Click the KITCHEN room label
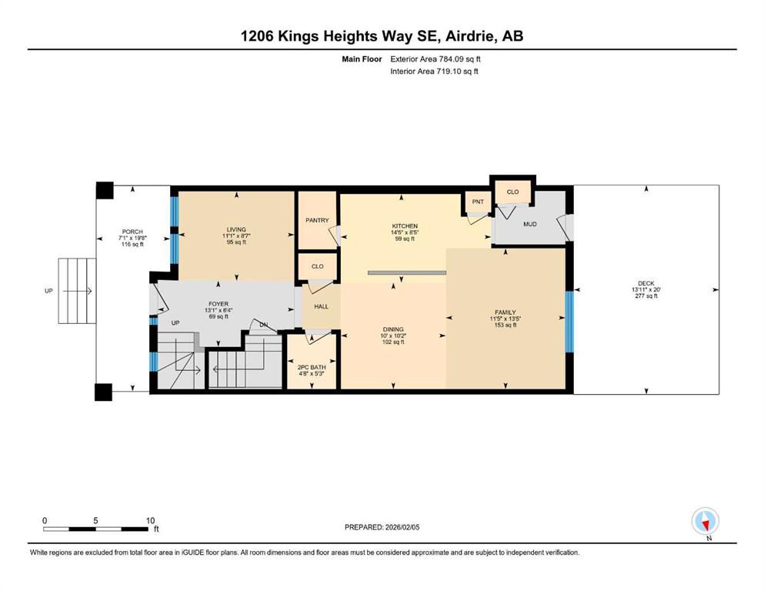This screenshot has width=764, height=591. [x=405, y=226]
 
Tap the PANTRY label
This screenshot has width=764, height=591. [x=317, y=220]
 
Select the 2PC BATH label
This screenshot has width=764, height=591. [x=312, y=367]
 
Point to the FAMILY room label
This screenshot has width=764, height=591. [x=505, y=312]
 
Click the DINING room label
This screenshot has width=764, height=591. [x=393, y=329]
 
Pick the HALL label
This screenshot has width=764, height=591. [x=321, y=306]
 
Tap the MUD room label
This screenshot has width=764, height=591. [x=530, y=224]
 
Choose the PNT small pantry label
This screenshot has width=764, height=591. [x=478, y=202]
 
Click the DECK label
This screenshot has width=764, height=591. [x=646, y=283]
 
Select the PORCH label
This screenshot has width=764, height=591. [x=132, y=232]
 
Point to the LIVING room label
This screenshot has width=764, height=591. [x=236, y=229]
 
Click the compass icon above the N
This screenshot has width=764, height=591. [x=705, y=521]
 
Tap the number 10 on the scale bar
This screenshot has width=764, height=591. [x=150, y=520]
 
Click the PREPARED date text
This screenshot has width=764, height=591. [x=382, y=527]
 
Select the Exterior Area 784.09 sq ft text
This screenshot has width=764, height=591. [x=435, y=59]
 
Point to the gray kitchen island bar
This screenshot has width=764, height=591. [x=407, y=273]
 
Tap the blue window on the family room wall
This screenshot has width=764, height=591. [x=569, y=322]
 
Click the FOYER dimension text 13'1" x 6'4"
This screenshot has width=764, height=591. [x=219, y=310]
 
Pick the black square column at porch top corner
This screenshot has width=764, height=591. [x=105, y=190]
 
